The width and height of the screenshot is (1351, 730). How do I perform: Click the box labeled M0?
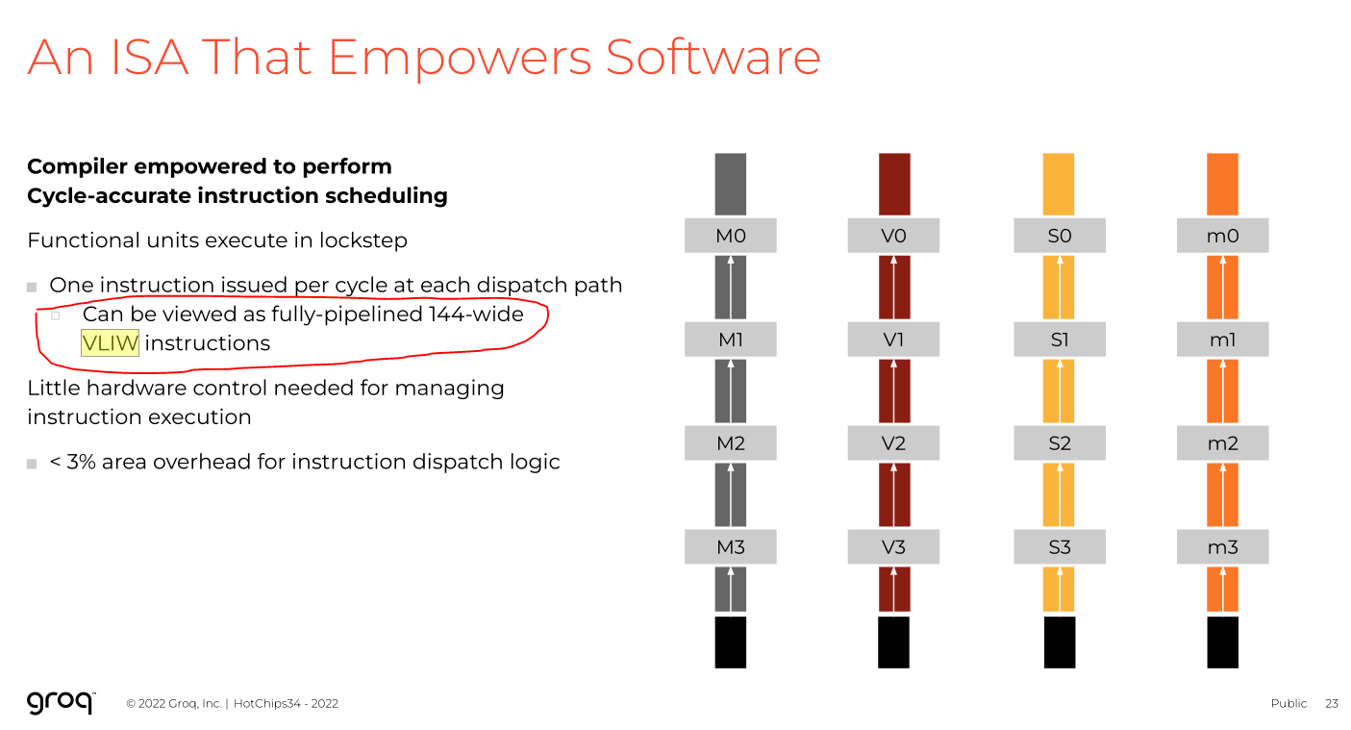click(x=730, y=236)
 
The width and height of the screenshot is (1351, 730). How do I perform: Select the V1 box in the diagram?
click(x=893, y=340)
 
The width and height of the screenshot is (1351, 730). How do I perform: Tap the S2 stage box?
click(x=1059, y=443)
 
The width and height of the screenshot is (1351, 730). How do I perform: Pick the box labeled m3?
click(x=1222, y=547)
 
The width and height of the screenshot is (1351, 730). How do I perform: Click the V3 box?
click(x=893, y=547)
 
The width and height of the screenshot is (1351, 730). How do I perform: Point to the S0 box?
click(x=1059, y=236)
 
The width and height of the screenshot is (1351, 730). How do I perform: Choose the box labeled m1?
click(x=1222, y=340)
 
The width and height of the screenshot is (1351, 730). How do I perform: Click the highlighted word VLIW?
click(x=110, y=343)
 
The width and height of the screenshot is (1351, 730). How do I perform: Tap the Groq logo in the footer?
click(x=61, y=702)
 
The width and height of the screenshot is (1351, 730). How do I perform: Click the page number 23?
click(x=1331, y=703)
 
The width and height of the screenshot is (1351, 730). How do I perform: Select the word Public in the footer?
click(x=1288, y=703)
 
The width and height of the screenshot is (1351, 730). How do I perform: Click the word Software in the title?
click(x=713, y=58)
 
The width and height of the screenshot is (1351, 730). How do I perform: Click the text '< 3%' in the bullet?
click(x=72, y=462)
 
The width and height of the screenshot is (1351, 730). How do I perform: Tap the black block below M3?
click(x=730, y=642)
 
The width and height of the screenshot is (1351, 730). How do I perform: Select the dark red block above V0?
click(x=893, y=184)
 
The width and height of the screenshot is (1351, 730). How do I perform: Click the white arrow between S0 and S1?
click(x=1059, y=288)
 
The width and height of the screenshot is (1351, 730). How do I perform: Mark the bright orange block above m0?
click(x=1222, y=184)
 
